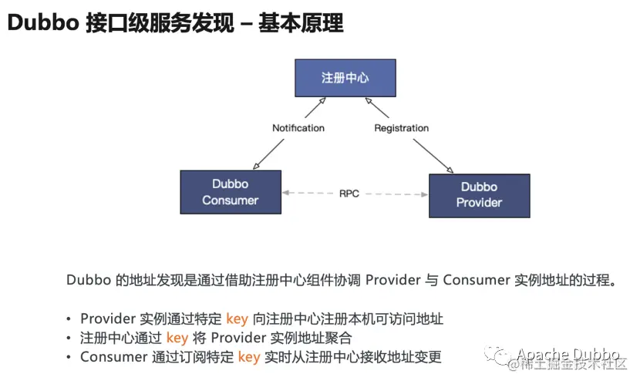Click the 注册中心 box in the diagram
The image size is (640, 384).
pyautogui.click(x=345, y=78)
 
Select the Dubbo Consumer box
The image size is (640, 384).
pyautogui.click(x=230, y=192)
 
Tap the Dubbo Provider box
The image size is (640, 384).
pyautogui.click(x=479, y=194)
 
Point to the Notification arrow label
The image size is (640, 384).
pyautogui.click(x=298, y=127)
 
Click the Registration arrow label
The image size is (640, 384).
pyautogui.click(x=401, y=127)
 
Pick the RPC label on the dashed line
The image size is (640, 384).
pyautogui.click(x=349, y=194)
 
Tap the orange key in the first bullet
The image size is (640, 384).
pyautogui.click(x=237, y=318)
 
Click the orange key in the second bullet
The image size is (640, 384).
pyautogui.click(x=177, y=338)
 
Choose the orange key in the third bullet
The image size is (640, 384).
pyautogui.click(x=249, y=357)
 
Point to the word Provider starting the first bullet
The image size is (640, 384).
pyautogui.click(x=108, y=318)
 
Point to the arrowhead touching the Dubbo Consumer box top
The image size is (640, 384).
pyautogui.click(x=254, y=166)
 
